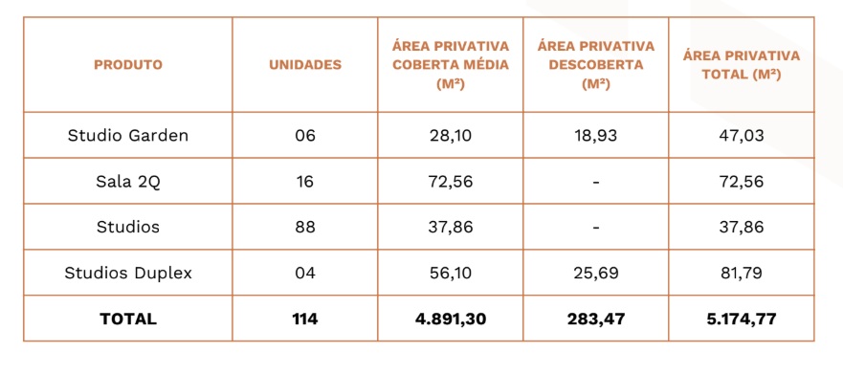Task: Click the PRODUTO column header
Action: tap(128, 65)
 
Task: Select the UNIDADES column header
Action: tap(305, 65)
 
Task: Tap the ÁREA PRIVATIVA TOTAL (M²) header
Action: tap(742, 65)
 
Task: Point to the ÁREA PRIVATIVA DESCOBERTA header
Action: tap(596, 65)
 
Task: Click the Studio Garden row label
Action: tap(128, 136)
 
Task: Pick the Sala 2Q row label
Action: tap(128, 182)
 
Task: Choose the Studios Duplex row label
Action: tap(128, 273)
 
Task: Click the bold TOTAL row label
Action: tap(128, 320)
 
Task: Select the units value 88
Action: tap(305, 228)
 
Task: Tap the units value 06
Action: tap(305, 136)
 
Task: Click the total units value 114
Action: tap(305, 320)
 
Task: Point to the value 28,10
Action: tap(450, 136)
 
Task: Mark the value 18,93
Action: tap(596, 136)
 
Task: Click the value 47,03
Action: tap(742, 136)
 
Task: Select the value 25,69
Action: tap(596, 273)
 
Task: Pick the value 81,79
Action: tap(742, 273)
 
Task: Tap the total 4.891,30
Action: tap(450, 320)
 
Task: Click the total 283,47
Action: tap(596, 320)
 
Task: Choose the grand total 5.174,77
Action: tap(742, 320)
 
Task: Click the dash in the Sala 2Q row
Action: tap(596, 182)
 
